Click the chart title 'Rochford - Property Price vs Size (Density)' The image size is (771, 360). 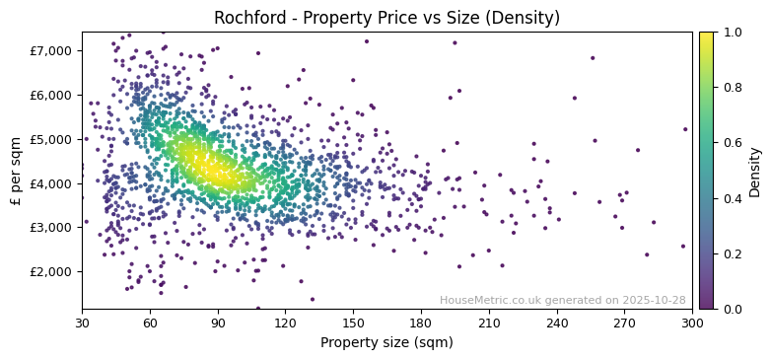click(x=386, y=18)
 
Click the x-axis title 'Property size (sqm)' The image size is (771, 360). click(x=386, y=343)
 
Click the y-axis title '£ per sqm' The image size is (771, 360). click(x=16, y=171)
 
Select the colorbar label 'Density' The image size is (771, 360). click(x=754, y=171)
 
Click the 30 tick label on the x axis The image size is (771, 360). click(x=82, y=323)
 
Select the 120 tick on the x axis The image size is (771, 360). click(x=285, y=323)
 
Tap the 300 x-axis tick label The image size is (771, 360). click(x=692, y=323)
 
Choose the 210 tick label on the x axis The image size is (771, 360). click(x=489, y=323)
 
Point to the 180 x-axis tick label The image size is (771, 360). click(x=421, y=323)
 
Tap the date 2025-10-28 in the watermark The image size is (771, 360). click(x=654, y=300)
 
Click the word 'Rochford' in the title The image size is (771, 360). click(x=245, y=18)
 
